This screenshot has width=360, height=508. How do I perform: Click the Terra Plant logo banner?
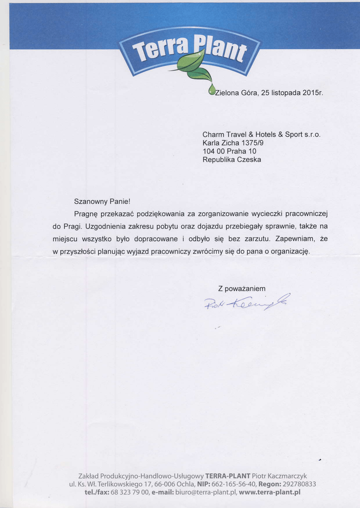[x=189, y=50]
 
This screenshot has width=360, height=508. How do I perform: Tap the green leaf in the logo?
[x=191, y=62]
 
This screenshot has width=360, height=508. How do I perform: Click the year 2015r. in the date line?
[x=312, y=93]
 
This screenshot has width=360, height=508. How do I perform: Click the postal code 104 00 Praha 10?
[x=229, y=151]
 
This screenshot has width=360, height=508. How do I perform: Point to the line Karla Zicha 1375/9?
[x=233, y=143]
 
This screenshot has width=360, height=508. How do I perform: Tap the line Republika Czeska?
[x=231, y=160]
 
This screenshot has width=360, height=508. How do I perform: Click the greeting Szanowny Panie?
[x=102, y=201]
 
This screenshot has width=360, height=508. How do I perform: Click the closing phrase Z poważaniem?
[x=242, y=289]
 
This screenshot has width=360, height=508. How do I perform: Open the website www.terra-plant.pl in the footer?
[x=270, y=492]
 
